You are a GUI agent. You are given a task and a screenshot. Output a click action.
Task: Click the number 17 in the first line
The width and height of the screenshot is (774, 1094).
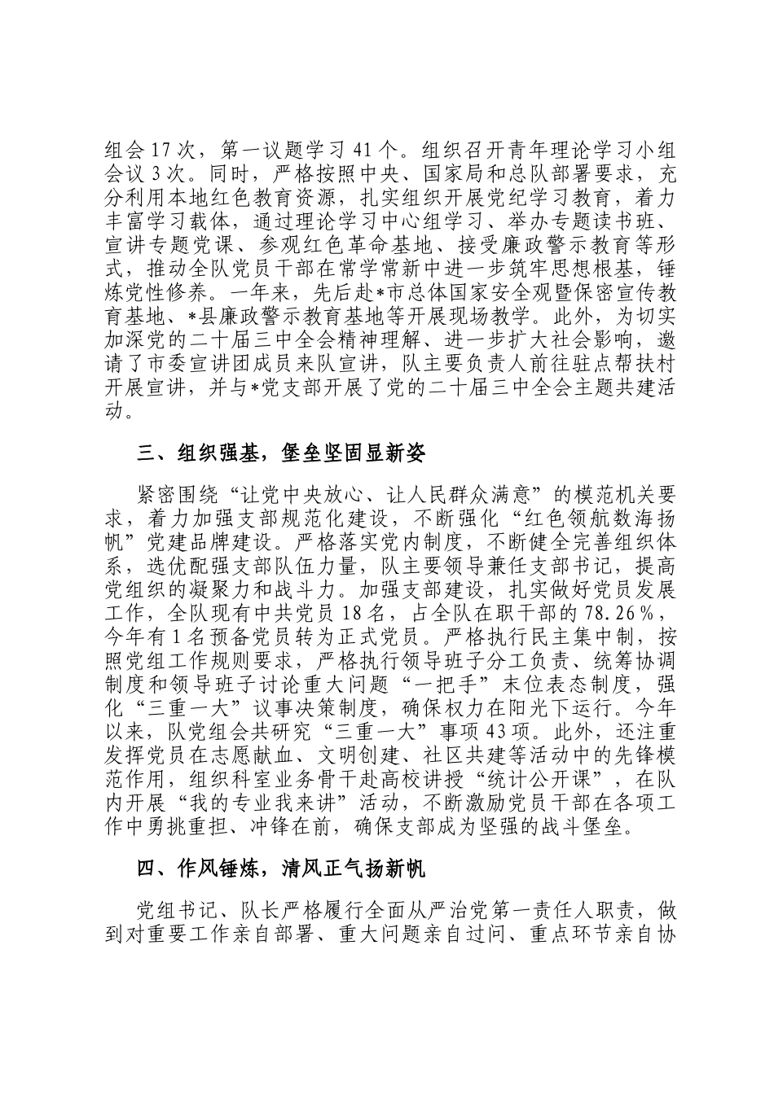159,151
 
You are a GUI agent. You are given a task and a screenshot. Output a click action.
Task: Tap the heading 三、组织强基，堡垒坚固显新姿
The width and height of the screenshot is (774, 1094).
281,454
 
